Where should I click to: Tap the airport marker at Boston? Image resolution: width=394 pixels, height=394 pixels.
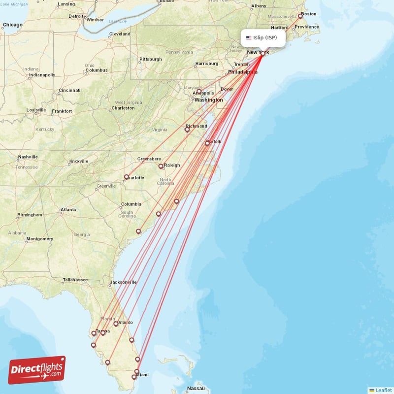300,16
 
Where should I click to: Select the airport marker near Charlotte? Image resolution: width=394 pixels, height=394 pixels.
127,177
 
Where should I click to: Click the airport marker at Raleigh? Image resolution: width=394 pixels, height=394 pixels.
161,166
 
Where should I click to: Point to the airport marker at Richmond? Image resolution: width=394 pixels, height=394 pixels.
187,130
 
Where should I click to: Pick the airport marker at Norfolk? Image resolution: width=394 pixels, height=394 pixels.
207,143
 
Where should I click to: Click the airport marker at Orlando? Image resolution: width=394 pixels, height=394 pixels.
116,324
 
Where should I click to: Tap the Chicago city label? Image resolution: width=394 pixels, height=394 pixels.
12,24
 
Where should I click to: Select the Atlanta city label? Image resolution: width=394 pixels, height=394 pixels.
68,210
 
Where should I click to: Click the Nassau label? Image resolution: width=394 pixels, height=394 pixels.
196,389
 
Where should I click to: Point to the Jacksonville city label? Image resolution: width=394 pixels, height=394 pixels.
123,282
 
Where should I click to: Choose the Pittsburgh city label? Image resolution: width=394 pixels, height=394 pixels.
150,59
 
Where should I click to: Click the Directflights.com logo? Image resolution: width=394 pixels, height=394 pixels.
37,370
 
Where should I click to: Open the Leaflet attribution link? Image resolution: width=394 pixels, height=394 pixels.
383,390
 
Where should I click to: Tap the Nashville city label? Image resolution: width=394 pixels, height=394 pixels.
28,157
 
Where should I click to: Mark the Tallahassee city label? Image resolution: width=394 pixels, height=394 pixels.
75,280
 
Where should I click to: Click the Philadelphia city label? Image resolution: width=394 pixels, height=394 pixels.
242,71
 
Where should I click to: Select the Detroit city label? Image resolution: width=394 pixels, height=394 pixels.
76,16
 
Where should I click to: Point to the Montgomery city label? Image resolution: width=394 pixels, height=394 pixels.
39,239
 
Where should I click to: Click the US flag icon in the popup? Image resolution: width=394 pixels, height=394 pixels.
249,38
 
